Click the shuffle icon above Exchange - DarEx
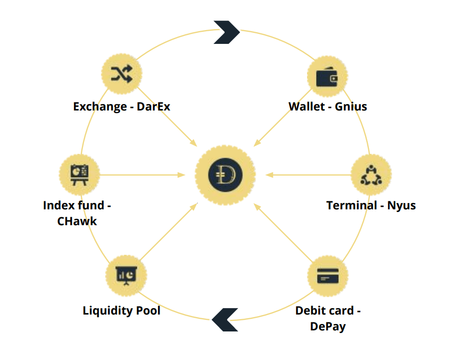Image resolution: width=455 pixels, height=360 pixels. point(122,75)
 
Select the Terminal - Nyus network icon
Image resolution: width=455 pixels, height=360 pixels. point(371,175)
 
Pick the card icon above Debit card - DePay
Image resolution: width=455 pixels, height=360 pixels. point(327,276)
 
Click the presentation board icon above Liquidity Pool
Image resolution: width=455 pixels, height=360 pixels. point(126,275)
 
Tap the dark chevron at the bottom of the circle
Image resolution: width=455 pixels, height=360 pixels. point(225,319)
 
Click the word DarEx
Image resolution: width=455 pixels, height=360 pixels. point(153,107)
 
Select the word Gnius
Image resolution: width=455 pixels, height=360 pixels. point(351,107)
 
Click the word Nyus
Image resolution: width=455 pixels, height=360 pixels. point(402,205)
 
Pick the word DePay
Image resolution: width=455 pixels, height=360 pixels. point(328,326)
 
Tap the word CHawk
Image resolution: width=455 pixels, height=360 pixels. point(77,221)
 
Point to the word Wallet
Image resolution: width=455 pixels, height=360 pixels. point(307,107)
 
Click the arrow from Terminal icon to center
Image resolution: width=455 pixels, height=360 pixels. point(307,174)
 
